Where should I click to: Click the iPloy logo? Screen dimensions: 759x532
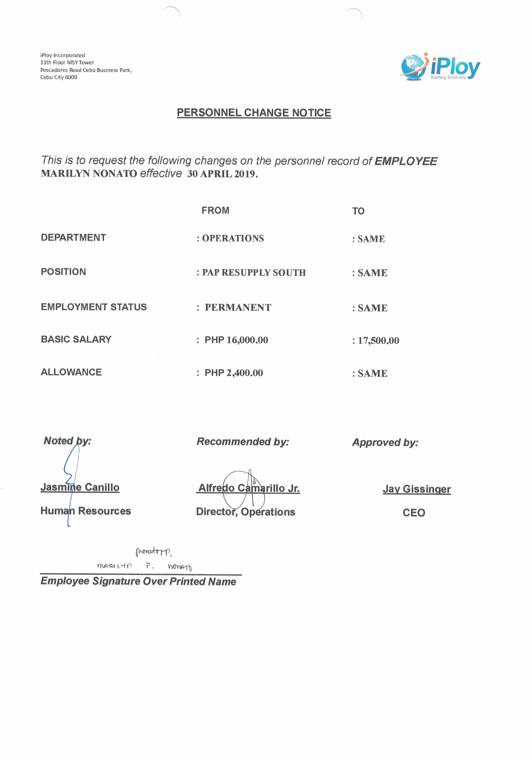point(440,67)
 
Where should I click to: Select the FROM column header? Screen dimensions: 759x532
point(215,210)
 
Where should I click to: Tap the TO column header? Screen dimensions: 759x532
point(358,211)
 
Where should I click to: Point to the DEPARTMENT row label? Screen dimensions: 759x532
point(73,237)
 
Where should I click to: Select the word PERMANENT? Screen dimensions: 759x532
point(238,307)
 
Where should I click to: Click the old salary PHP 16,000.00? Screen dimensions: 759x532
point(236,340)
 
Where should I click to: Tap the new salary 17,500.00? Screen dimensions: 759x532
point(378,341)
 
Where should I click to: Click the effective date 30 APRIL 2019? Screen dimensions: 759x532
point(222,174)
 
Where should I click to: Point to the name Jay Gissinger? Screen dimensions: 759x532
point(417,489)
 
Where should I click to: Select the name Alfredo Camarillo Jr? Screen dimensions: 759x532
point(249,488)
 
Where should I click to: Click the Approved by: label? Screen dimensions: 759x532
point(385,442)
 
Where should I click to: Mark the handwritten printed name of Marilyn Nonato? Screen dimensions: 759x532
point(144,566)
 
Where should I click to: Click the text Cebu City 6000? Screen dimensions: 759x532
point(59,77)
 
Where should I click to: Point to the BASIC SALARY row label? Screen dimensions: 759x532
point(76,339)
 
